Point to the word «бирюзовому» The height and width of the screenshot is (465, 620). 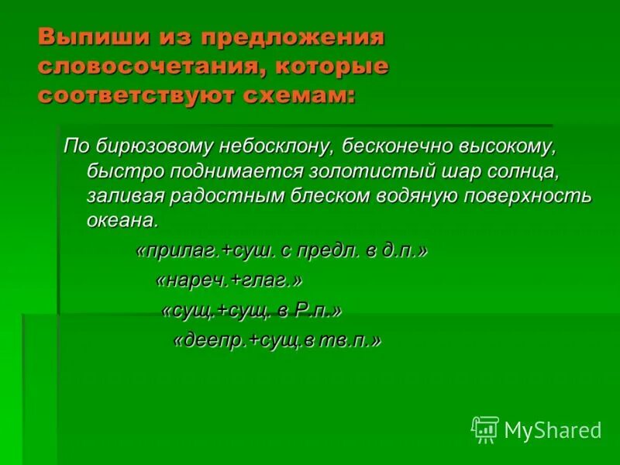tap(145, 146)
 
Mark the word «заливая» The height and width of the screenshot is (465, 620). tap(120, 195)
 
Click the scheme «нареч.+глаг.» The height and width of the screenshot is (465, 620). tap(229, 281)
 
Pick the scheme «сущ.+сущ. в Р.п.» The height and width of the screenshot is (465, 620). tap(251, 311)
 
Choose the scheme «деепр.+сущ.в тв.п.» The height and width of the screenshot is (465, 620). tap(277, 341)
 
